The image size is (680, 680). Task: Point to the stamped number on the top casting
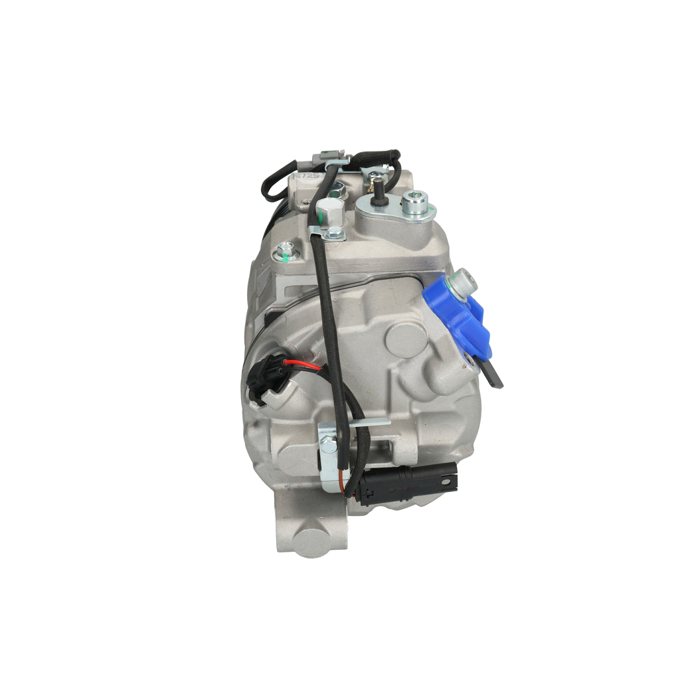[303, 178]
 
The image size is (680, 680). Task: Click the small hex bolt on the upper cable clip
[336, 232]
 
